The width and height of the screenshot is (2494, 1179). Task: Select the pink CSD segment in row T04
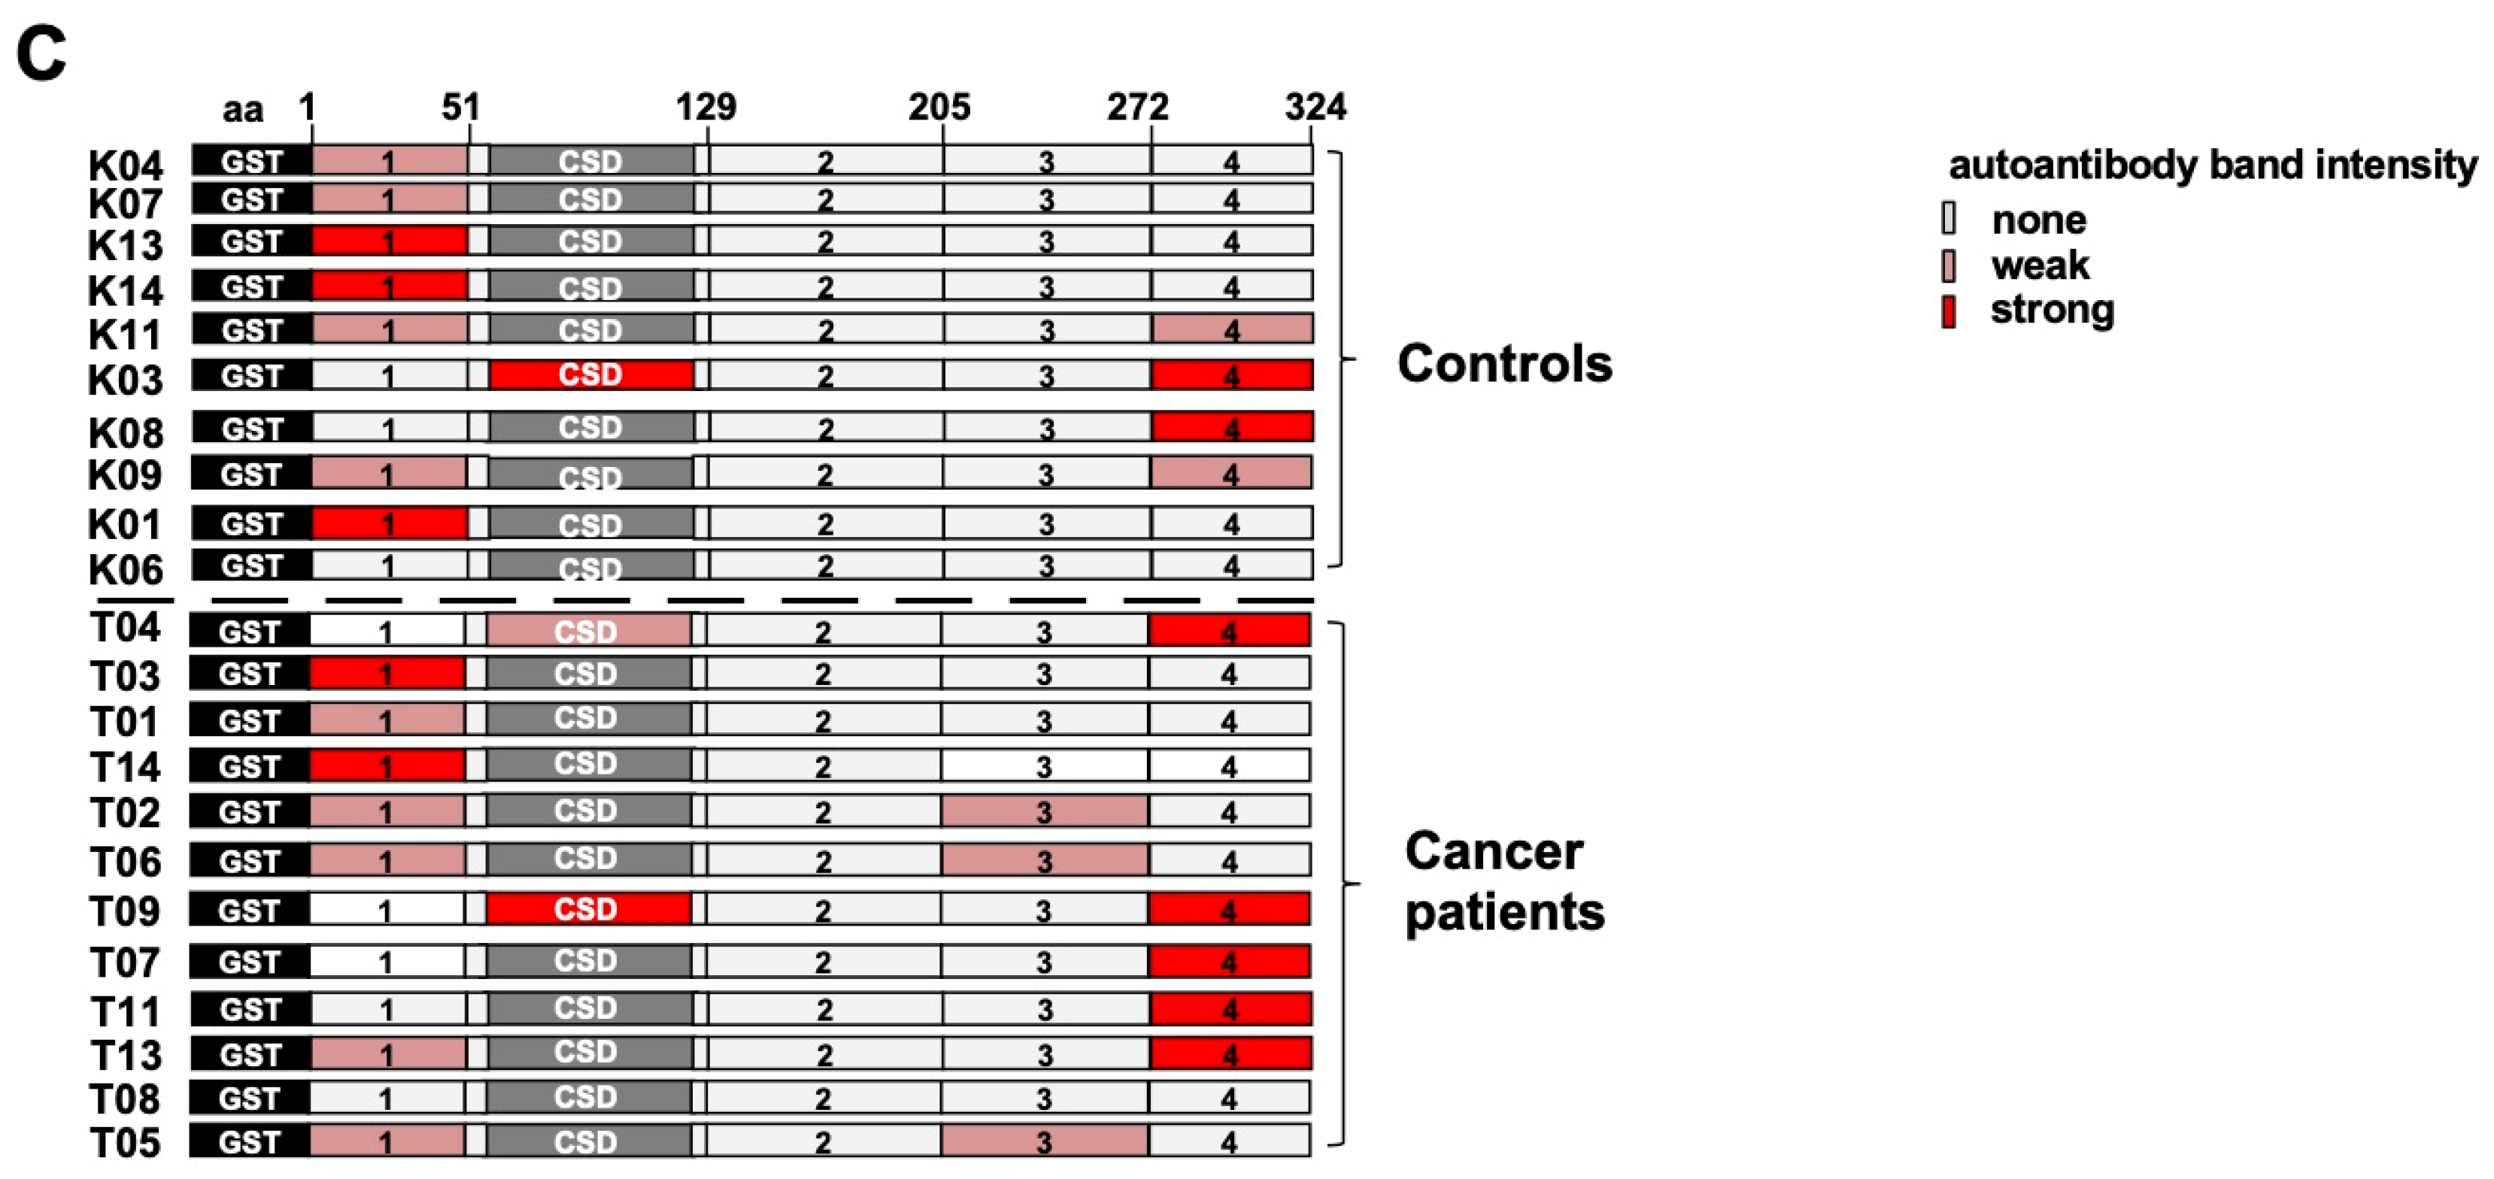coord(587,631)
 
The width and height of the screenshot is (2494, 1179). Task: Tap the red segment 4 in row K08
coord(1231,427)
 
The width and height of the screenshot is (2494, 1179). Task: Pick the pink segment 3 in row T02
coord(1044,811)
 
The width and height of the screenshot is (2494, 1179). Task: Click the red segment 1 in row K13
coord(389,241)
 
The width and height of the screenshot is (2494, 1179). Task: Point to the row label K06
coord(125,569)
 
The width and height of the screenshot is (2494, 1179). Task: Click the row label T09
coord(125,911)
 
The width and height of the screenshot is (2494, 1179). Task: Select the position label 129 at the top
coord(705,107)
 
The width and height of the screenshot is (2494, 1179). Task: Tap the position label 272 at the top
coord(1138,107)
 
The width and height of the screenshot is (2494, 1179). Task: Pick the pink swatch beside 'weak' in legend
coord(1949,265)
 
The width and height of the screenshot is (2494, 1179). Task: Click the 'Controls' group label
coord(1504,364)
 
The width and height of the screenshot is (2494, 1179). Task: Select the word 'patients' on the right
coord(1504,912)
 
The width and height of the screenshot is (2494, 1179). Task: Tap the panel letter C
coord(41,54)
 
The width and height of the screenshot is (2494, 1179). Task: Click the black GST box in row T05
coord(249,1141)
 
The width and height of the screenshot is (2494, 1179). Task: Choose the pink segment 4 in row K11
coord(1231,329)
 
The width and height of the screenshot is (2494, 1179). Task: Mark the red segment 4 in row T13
coord(1230,1053)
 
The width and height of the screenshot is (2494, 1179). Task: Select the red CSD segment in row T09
coord(587,909)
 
